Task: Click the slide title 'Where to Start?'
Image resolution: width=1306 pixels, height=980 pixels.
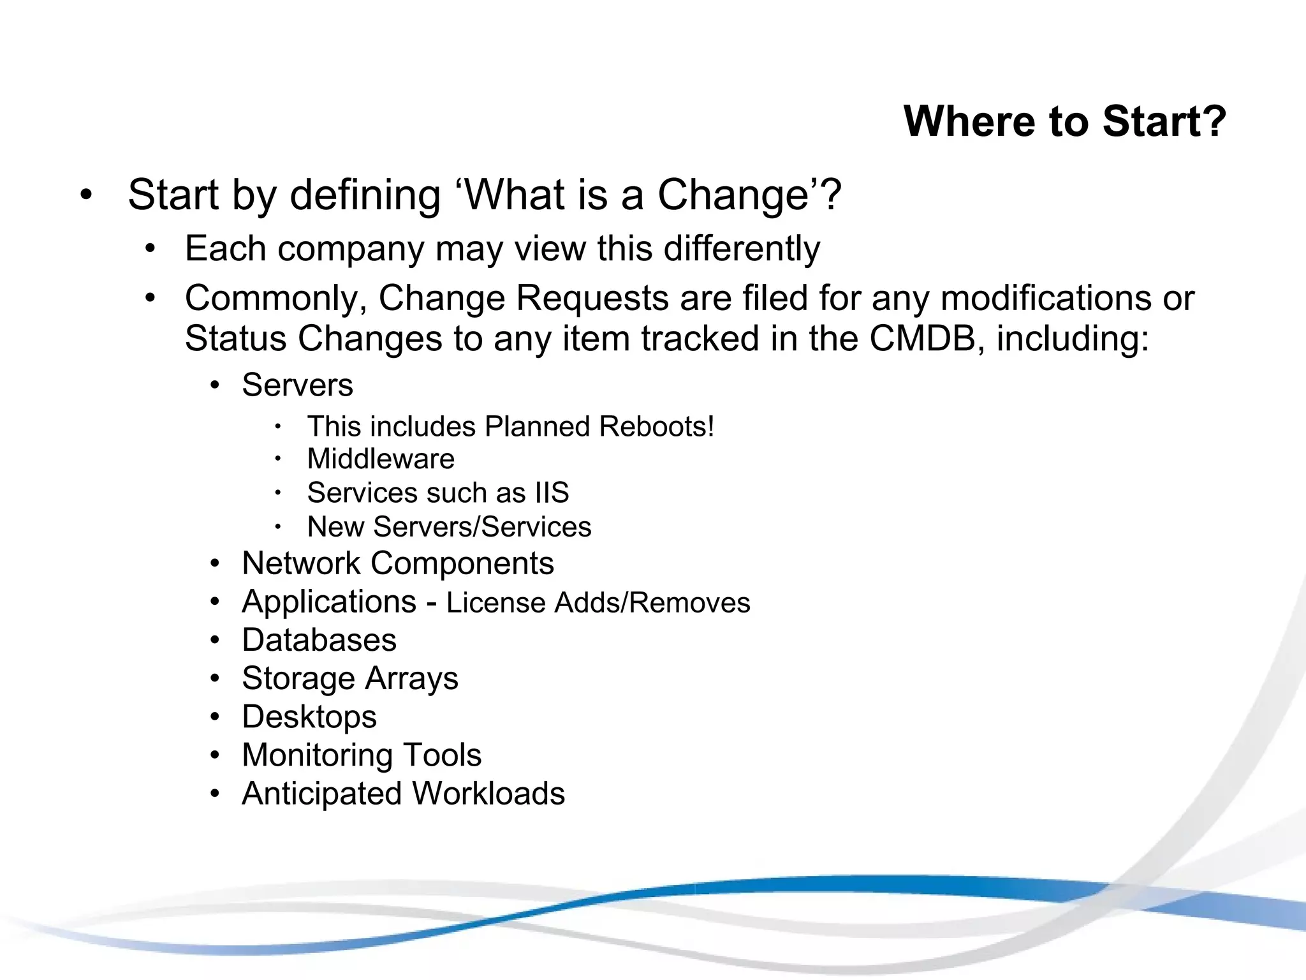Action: click(x=1064, y=121)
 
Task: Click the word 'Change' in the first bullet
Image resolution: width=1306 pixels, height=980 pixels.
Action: click(x=733, y=195)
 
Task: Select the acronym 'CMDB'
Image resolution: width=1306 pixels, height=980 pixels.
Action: click(x=922, y=338)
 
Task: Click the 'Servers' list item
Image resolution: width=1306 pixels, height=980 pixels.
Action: click(x=297, y=385)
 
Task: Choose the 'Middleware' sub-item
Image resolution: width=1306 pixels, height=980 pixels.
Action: click(x=381, y=459)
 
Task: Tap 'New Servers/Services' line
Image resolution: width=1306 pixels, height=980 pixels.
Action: click(x=449, y=527)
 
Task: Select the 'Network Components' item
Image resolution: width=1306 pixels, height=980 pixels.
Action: click(x=398, y=563)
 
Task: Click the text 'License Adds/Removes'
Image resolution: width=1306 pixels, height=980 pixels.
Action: click(x=598, y=603)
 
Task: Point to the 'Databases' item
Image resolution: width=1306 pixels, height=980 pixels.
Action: click(x=319, y=640)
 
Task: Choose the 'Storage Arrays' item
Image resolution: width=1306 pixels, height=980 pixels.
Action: click(x=349, y=678)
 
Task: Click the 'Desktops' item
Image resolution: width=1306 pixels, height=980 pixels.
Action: click(x=309, y=716)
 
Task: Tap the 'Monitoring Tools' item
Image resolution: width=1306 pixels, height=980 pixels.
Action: click(x=362, y=755)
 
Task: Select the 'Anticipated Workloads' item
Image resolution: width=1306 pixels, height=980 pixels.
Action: click(x=403, y=794)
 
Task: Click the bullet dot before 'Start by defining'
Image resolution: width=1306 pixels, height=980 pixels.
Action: click(x=87, y=195)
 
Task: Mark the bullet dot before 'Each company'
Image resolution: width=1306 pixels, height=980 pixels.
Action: click(x=150, y=249)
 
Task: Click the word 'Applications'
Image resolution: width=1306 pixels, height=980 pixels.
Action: click(x=329, y=602)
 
